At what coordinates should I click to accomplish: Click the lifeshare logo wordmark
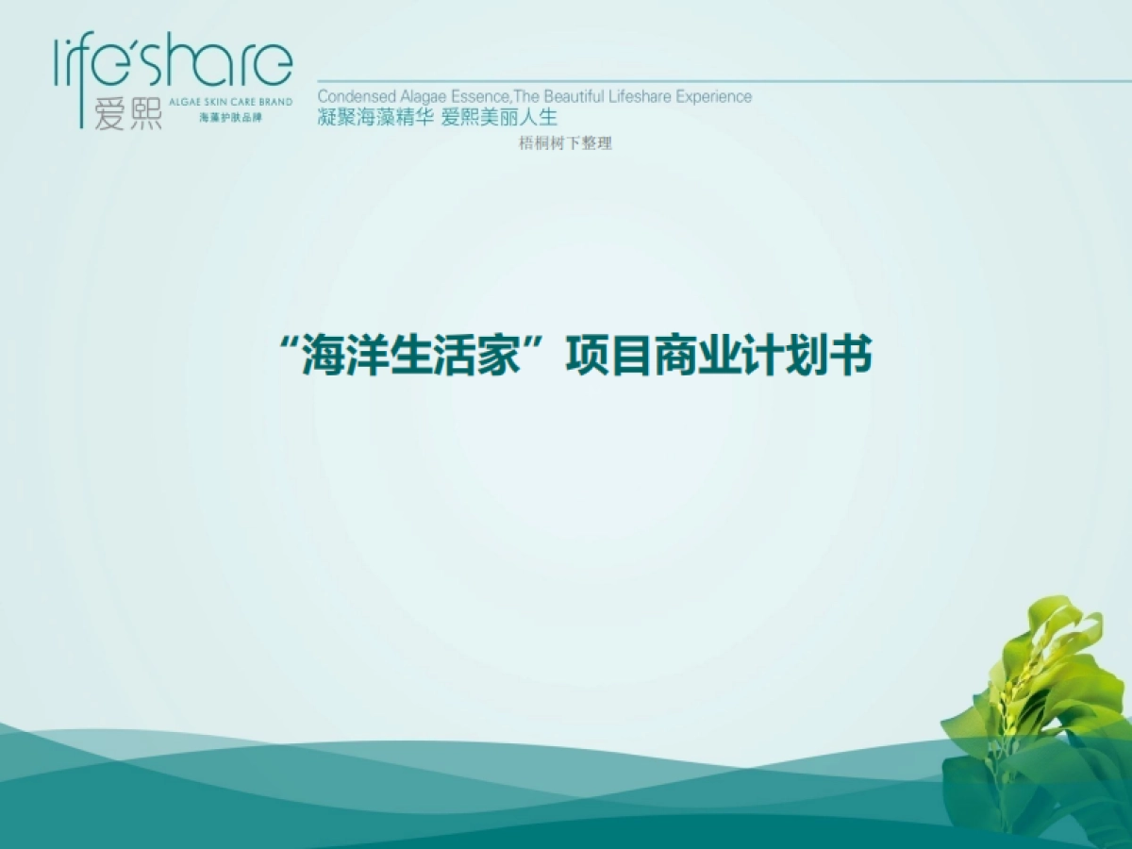pyautogui.click(x=174, y=63)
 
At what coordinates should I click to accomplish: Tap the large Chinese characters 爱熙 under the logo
pyautogui.click(x=128, y=113)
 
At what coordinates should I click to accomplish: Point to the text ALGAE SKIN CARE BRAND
pyautogui.click(x=229, y=102)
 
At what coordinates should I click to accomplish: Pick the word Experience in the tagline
pyautogui.click(x=716, y=96)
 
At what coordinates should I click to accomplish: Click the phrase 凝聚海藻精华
pyautogui.click(x=374, y=118)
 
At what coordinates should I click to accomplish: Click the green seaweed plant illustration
pyautogui.click(x=1038, y=717)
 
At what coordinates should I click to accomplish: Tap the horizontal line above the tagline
pyautogui.click(x=717, y=81)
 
